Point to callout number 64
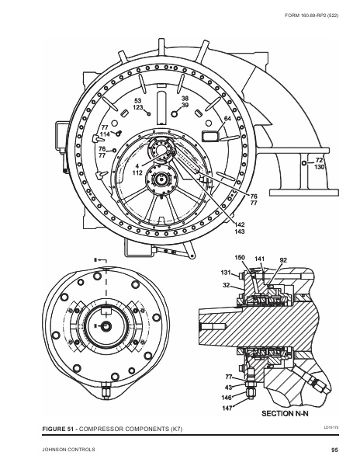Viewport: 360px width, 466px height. (228, 119)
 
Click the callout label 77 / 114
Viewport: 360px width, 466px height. (105, 130)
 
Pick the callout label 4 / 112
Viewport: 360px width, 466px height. (137, 170)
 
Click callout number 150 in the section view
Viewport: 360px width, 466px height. (240, 258)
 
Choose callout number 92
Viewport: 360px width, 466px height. (283, 259)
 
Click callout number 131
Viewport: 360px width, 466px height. (226, 273)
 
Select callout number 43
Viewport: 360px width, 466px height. (229, 386)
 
